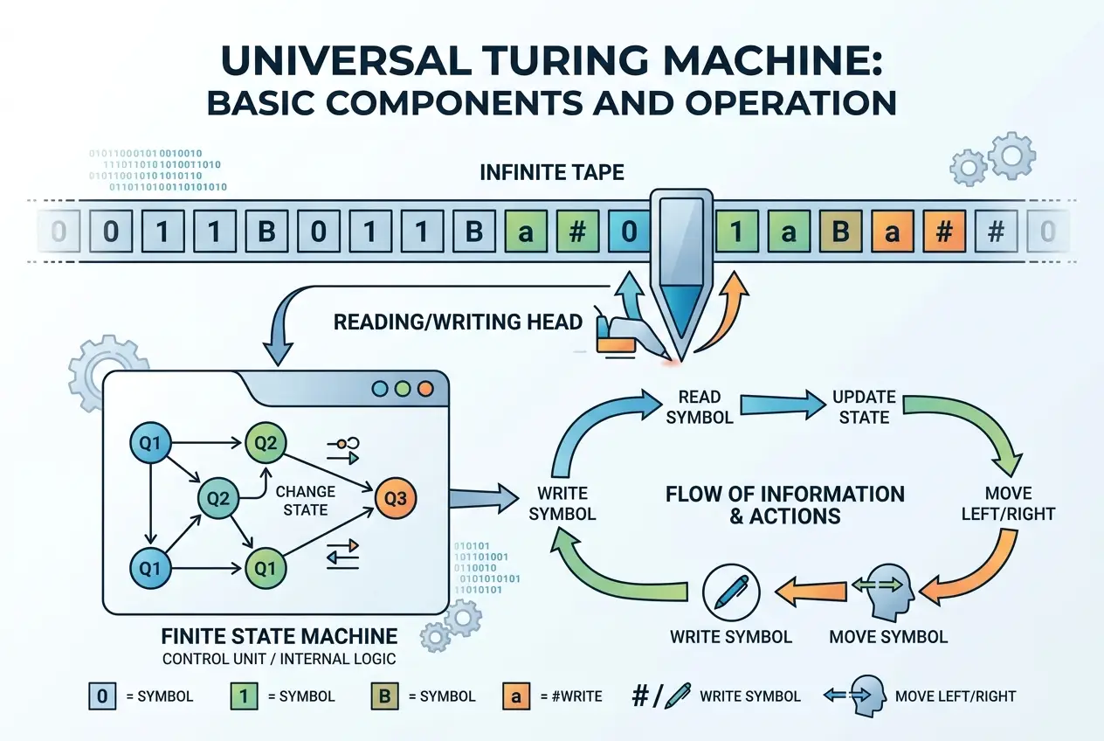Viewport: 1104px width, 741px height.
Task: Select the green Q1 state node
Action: pos(266,569)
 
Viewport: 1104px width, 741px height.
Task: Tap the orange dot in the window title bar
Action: pos(425,388)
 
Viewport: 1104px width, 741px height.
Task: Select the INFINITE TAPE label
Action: pos(552,172)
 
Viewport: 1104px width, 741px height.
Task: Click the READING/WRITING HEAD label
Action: pos(458,322)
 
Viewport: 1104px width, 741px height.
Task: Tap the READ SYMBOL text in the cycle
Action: pos(700,407)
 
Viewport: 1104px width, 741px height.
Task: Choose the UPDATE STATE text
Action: pos(864,407)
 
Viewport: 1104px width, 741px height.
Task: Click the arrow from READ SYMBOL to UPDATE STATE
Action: pos(783,405)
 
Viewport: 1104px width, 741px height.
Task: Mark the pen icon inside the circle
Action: pos(730,591)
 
